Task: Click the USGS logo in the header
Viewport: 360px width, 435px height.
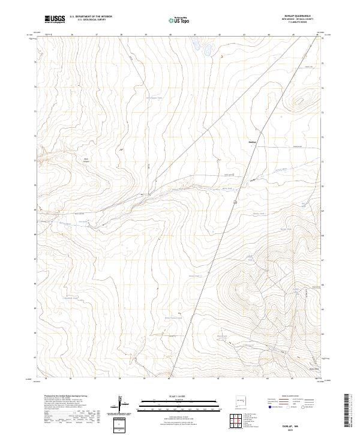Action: (55, 19)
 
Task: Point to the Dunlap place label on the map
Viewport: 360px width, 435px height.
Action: (252, 142)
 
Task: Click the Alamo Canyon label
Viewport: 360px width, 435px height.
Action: (77, 159)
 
